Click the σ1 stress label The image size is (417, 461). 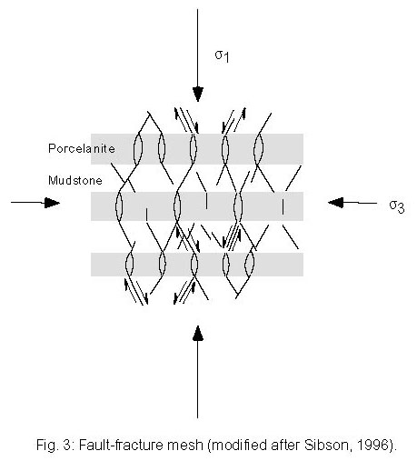[222, 56]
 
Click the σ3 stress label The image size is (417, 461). [397, 207]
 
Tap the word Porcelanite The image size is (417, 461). [82, 148]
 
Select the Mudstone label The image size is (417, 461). [75, 181]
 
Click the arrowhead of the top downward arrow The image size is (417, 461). [198, 94]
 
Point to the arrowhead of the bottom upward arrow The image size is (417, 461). [198, 333]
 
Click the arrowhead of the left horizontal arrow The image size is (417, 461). [52, 203]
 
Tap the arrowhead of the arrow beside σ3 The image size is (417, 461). [336, 202]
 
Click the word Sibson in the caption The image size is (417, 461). [328, 445]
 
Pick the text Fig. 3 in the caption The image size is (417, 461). [53, 446]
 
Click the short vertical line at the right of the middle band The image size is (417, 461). [283, 206]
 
